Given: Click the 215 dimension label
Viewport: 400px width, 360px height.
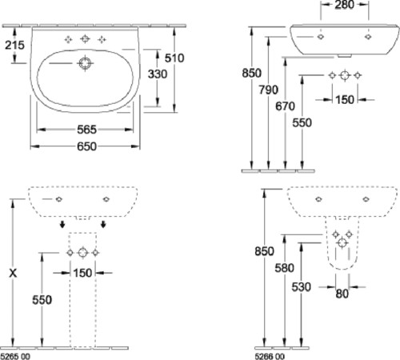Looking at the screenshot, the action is tap(14, 45).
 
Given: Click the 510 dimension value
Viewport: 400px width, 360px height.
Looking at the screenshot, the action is tap(174, 58).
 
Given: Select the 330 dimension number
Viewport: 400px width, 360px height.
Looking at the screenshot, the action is tap(158, 74).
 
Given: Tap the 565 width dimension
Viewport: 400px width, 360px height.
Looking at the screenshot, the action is tap(86, 130).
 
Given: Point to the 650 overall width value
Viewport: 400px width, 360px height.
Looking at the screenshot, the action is tap(86, 146).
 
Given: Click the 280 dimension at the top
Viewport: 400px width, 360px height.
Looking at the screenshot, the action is tap(345, 5).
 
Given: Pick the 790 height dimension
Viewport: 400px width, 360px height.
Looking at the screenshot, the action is tap(269, 90).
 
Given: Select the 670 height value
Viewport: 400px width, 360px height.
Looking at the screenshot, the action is tap(285, 106).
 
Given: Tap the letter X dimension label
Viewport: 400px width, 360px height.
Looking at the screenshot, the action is tap(13, 273).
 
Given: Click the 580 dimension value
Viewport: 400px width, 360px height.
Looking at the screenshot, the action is tap(285, 268).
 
